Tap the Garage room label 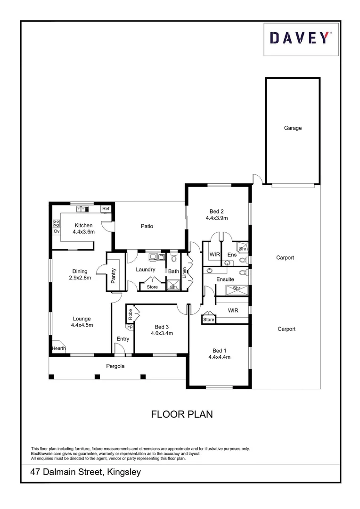point(293,128)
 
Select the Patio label point(147,226)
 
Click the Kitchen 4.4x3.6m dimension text point(83,232)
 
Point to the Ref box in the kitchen point(106,209)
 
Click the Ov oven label point(56,232)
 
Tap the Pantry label point(114,275)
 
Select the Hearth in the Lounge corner point(58,349)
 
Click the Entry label point(123,339)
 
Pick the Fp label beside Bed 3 point(129,326)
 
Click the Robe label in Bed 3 point(130,314)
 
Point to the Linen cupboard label point(185,272)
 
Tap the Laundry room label point(146,270)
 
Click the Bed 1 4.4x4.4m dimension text point(219,357)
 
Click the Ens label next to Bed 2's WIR point(231,255)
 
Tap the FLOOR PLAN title point(182,414)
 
